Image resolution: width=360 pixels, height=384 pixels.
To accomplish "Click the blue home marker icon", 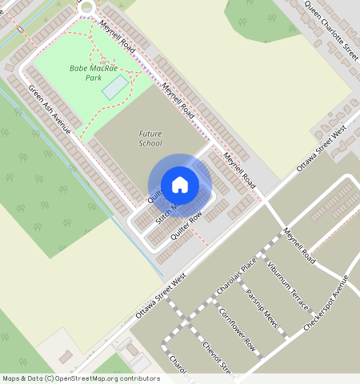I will [180, 185].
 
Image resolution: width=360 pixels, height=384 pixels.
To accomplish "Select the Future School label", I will [150, 138].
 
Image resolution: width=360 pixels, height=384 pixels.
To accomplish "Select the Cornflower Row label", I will [237, 329].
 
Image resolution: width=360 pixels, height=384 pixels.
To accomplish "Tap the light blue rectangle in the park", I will [115, 87].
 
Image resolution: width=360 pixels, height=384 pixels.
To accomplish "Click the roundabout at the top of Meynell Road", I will [86, 7].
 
